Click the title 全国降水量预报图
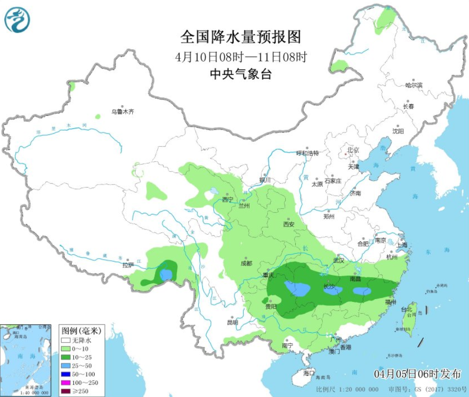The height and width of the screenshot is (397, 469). pos(240,37)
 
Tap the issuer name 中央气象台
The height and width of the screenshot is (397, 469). pos(240,74)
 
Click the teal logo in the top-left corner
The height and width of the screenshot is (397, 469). pos(17,20)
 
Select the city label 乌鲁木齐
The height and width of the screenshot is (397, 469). pos(122,112)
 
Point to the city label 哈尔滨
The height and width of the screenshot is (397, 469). pos(414,85)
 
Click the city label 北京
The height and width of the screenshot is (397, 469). pos(353,150)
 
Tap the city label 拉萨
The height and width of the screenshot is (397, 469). pos(128,265)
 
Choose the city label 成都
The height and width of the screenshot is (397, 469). pos(246,263)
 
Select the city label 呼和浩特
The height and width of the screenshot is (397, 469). pos(308,153)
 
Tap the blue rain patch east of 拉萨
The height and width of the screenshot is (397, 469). pos(167,275)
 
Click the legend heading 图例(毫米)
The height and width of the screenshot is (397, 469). pos(80,331)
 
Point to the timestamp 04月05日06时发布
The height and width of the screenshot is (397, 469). pos(417,374)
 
